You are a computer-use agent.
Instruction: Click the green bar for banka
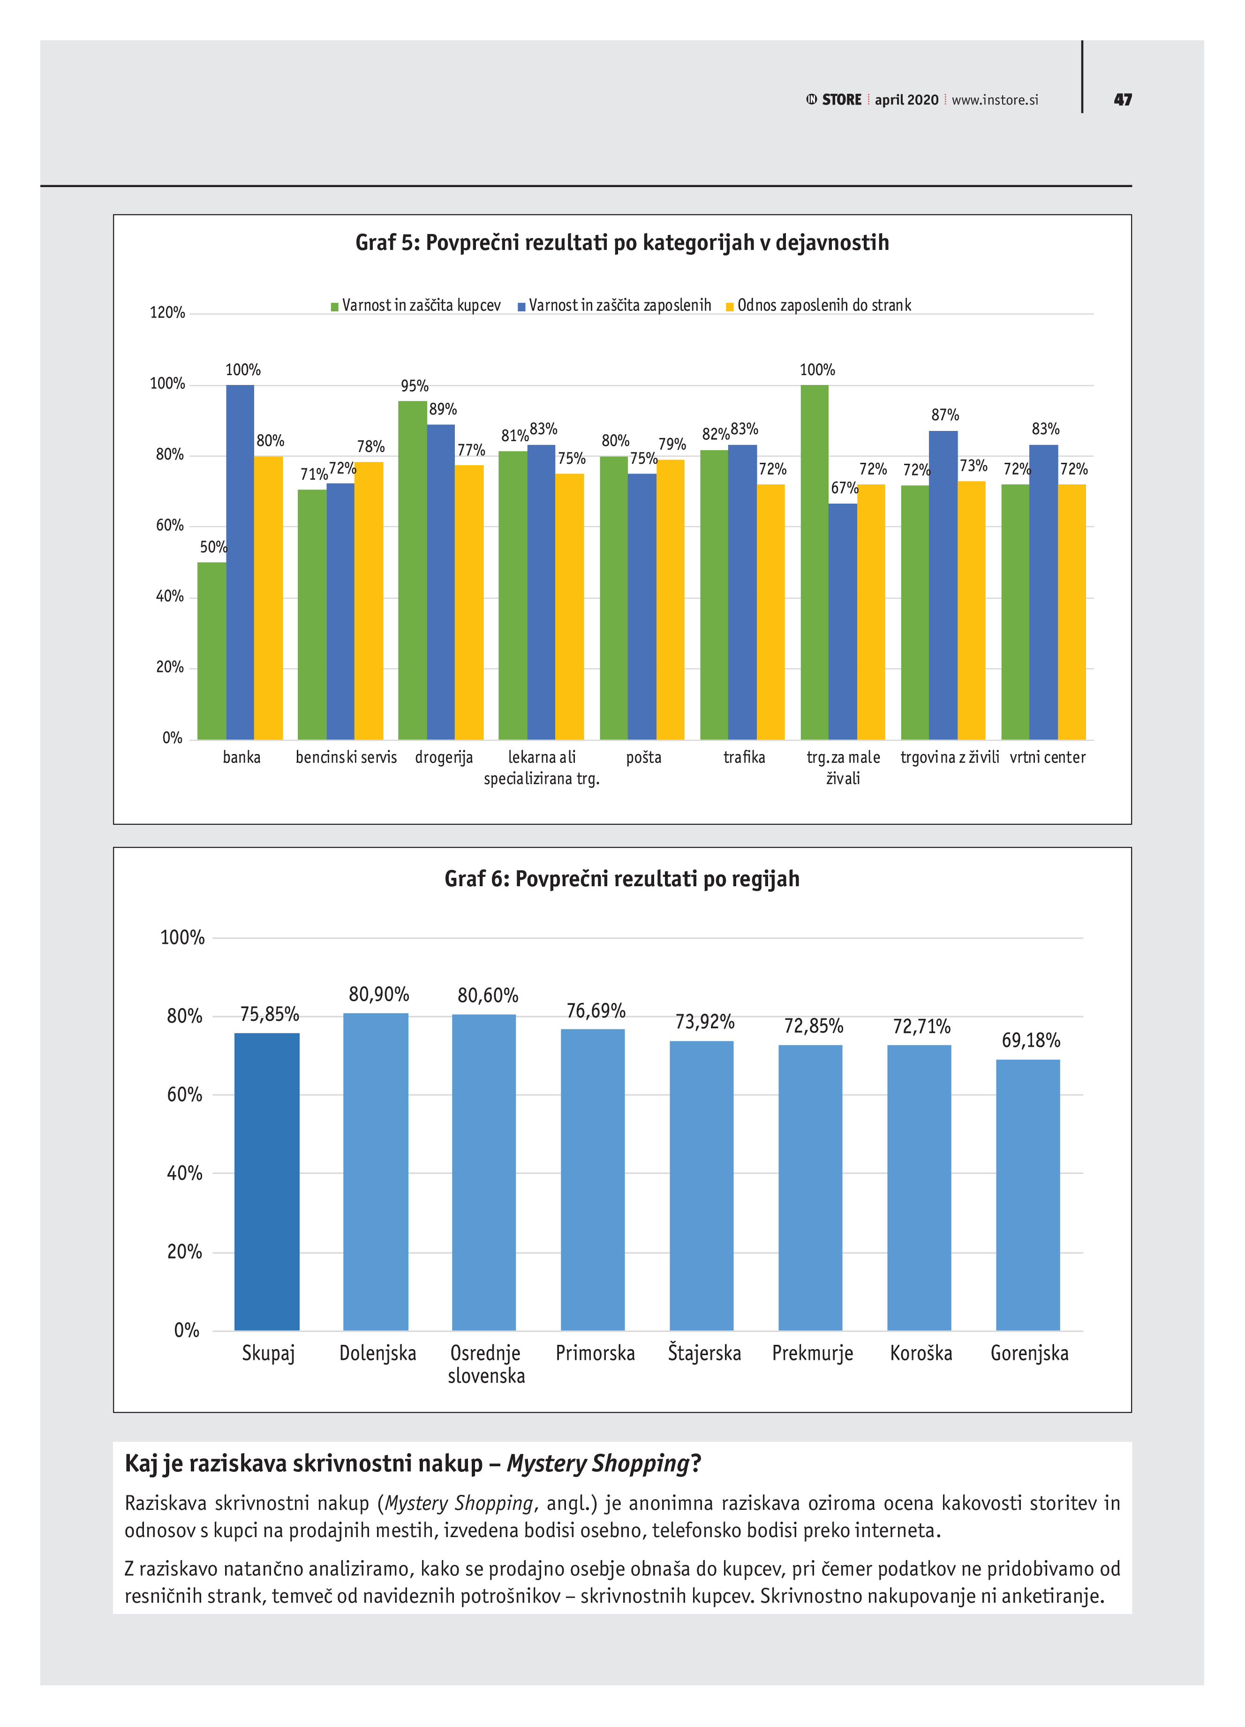pos(211,650)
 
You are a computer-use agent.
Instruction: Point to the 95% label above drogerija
pos(414,386)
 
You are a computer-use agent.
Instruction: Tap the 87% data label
pos(944,415)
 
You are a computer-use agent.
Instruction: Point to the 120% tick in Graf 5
pos(167,312)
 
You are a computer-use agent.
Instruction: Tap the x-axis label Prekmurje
pos(812,1353)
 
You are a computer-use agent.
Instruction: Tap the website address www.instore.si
pos(995,100)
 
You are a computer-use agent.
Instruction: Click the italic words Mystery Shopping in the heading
pos(598,1463)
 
